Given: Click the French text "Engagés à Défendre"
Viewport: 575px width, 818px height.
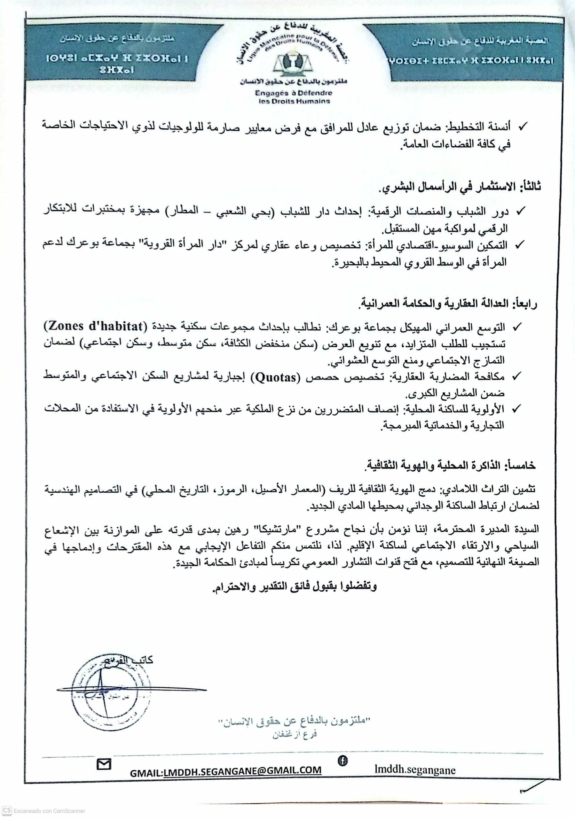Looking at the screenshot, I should pyautogui.click(x=293, y=93).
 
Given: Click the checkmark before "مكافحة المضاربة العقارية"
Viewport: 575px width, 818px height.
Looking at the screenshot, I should pyautogui.click(x=516, y=377).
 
